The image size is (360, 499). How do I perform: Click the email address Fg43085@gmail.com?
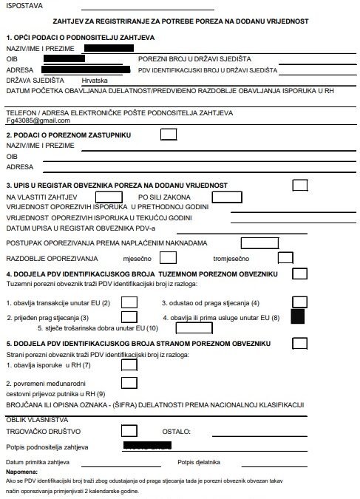click(x=38, y=120)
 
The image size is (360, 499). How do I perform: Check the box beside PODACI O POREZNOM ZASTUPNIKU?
click(x=169, y=135)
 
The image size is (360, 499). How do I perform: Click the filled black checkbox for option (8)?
click(x=299, y=317)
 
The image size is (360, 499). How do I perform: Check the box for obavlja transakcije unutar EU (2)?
click(x=129, y=302)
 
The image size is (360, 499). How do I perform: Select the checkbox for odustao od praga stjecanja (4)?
click(x=299, y=302)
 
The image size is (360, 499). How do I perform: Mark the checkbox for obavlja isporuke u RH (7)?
click(x=129, y=364)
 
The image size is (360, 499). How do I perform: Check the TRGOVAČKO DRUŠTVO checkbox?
click(x=129, y=430)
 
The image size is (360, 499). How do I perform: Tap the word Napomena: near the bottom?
click(x=21, y=471)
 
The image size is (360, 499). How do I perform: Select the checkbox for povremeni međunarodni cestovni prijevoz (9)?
click(x=129, y=382)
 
